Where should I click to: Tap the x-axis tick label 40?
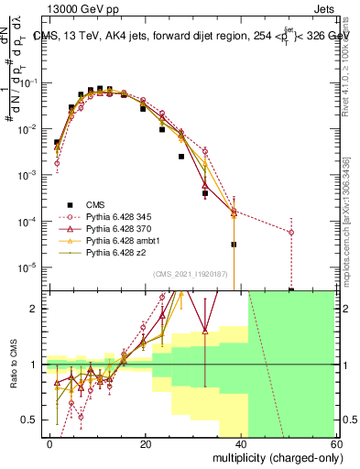coord(241,443)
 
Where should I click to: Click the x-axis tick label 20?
coord(146,443)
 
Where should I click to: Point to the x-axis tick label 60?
coord(335,443)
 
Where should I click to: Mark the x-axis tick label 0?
coord(50,443)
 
